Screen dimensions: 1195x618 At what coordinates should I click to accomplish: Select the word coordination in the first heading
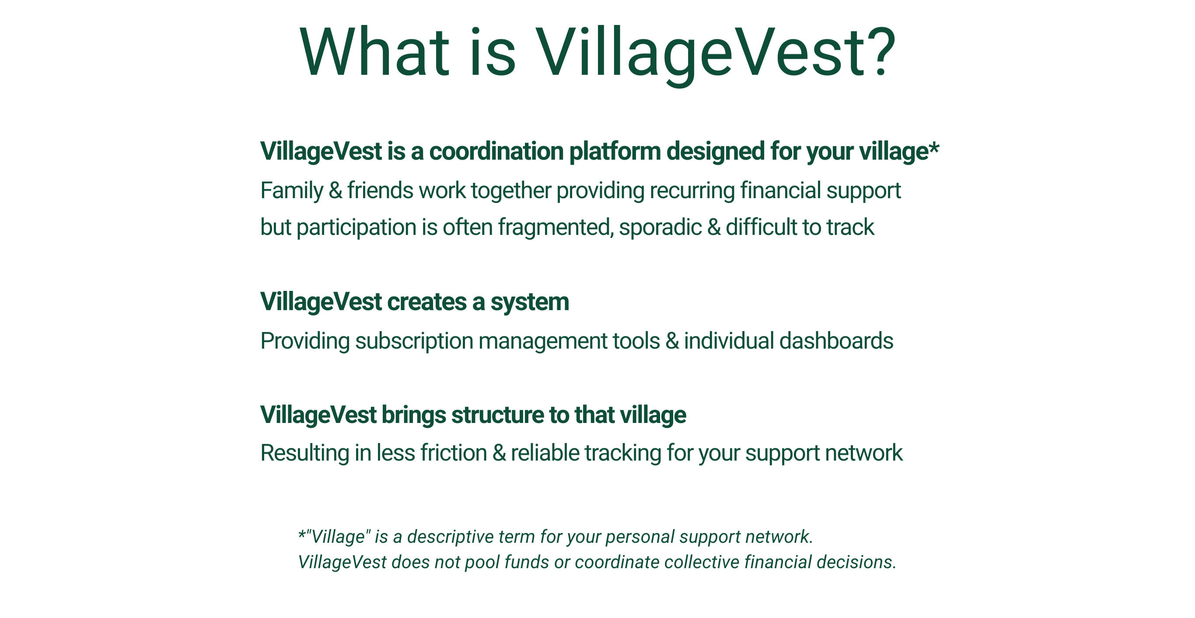496,151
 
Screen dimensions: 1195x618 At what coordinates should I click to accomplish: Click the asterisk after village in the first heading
934,148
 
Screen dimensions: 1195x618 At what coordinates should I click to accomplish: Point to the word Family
291,191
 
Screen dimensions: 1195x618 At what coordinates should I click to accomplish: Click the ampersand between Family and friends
335,190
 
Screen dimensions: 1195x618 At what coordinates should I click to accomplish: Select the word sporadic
660,227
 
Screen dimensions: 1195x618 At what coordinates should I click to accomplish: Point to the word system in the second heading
529,303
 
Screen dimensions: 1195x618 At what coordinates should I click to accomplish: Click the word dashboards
836,341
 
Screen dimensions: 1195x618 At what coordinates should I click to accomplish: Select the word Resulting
304,453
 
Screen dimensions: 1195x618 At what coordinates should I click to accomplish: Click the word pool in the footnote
482,562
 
